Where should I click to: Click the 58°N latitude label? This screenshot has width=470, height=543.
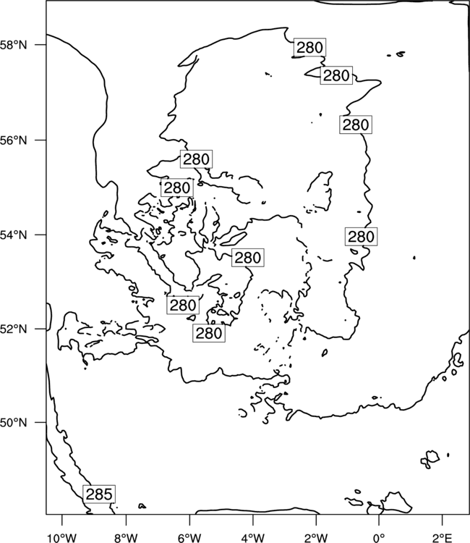pos(14,45)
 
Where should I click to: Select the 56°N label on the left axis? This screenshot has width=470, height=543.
pos(14,140)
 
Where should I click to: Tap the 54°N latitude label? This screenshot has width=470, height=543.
pos(14,235)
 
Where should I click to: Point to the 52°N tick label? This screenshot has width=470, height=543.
pos(14,329)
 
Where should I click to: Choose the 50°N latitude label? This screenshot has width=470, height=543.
pos(14,423)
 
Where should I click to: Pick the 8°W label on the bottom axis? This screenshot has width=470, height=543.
pos(126,538)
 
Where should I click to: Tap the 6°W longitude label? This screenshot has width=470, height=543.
pos(189,538)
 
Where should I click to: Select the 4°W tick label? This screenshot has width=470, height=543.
pos(253,538)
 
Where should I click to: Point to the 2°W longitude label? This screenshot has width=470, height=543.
pos(316,538)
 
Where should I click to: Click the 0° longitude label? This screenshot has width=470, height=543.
pos(379,538)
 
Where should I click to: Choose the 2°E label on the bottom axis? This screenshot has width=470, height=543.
pos(443,538)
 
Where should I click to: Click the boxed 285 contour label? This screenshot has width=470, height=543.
pos(99,494)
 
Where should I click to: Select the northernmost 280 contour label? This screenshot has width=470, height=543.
pos(310,48)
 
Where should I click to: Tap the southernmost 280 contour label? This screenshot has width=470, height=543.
pos(209,333)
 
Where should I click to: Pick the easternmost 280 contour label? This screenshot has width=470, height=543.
pos(361,237)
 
